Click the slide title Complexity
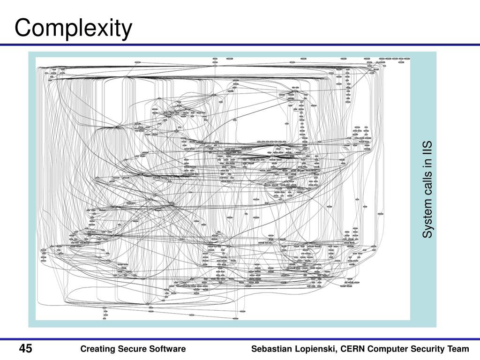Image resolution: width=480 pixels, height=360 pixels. [74, 28]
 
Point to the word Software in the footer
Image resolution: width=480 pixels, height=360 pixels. [167, 349]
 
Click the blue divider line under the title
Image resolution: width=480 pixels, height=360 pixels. [240, 45]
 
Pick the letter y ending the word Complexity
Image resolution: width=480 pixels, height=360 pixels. [127, 30]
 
